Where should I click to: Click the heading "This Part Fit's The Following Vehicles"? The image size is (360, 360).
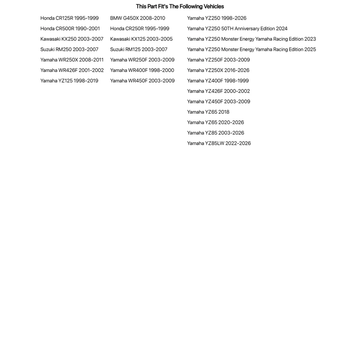(x=180, y=6)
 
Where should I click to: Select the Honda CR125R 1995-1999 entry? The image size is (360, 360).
(x=69, y=18)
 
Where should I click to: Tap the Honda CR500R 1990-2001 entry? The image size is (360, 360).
(x=70, y=28)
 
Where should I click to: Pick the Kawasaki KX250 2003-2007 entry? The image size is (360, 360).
(x=72, y=39)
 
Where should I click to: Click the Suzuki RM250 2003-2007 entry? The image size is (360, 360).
(x=69, y=49)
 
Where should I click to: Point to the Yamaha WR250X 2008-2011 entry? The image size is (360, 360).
(x=72, y=60)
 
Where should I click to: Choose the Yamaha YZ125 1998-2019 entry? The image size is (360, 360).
(x=69, y=81)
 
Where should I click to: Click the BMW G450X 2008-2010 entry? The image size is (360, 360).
(x=138, y=18)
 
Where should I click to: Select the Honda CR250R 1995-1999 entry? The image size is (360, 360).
(x=139, y=28)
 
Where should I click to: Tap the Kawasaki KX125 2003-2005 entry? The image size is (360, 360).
(x=141, y=39)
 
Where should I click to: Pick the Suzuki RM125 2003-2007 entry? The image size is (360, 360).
(x=139, y=49)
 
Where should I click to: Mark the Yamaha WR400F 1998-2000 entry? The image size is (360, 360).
(x=142, y=70)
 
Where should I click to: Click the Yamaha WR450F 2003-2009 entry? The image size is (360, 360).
(x=142, y=81)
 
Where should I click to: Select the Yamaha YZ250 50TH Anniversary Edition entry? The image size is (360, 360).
(x=237, y=28)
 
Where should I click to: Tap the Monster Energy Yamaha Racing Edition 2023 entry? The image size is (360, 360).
(x=251, y=39)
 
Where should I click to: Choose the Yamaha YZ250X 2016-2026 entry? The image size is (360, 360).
(x=218, y=70)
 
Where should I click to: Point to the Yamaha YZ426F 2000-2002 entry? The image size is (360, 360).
(x=218, y=91)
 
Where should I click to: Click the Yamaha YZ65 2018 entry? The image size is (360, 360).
(x=208, y=112)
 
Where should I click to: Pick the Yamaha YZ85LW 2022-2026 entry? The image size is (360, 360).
(x=219, y=143)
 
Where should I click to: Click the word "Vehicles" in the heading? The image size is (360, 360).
(x=214, y=6)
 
